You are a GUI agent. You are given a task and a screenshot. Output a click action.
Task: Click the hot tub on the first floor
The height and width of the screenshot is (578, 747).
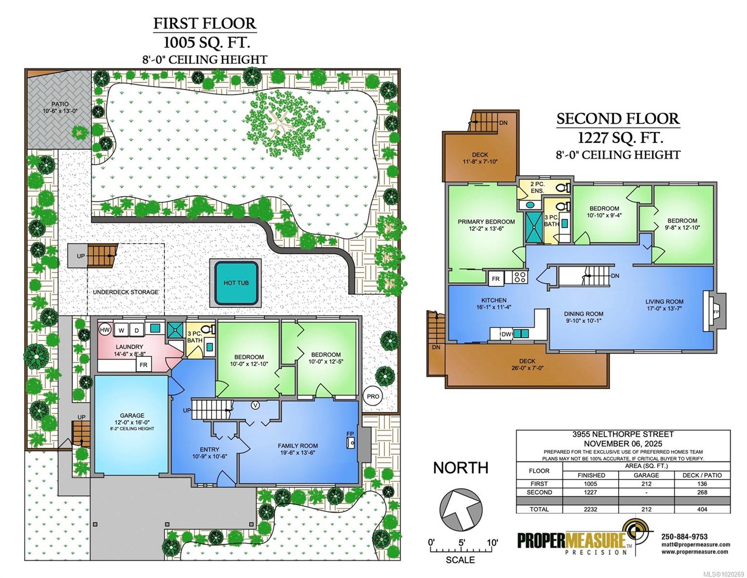[236, 283]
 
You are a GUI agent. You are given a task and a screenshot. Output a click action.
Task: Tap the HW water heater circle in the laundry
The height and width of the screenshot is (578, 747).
[104, 330]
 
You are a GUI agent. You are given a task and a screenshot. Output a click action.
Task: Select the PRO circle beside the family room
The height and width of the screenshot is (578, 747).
[373, 396]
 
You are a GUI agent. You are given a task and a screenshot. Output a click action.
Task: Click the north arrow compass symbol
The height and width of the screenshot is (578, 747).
[461, 510]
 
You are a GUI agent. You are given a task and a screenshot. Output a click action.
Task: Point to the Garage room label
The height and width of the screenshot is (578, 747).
[132, 416]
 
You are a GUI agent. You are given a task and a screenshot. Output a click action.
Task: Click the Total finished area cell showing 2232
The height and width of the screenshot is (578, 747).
[591, 509]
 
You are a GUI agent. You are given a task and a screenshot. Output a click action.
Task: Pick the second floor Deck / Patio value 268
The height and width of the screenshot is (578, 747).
[702, 492]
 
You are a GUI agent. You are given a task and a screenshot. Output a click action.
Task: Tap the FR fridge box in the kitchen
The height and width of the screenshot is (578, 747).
[496, 279]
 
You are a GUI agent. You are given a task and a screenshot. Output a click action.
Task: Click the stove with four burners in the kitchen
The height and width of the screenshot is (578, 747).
[520, 277]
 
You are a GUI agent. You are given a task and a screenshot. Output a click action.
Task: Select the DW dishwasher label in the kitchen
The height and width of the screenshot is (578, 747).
[506, 334]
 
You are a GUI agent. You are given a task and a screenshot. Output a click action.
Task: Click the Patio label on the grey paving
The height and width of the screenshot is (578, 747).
[60, 104]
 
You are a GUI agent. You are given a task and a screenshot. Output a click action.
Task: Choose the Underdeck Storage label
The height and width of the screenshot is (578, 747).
[126, 292]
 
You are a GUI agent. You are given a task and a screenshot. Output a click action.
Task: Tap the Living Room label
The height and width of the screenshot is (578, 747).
[664, 302]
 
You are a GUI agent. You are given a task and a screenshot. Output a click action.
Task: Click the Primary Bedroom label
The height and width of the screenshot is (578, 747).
[486, 222]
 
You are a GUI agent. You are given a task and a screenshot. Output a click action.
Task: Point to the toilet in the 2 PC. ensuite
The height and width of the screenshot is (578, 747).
[563, 188]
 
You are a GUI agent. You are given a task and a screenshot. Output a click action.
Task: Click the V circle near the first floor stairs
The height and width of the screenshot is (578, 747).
[255, 406]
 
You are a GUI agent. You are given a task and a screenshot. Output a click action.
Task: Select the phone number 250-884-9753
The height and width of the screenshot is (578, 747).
[684, 537]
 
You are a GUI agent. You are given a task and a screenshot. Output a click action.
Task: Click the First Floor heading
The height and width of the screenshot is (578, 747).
[205, 24]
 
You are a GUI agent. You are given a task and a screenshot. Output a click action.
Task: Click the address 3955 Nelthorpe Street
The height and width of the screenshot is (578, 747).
[623, 434]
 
